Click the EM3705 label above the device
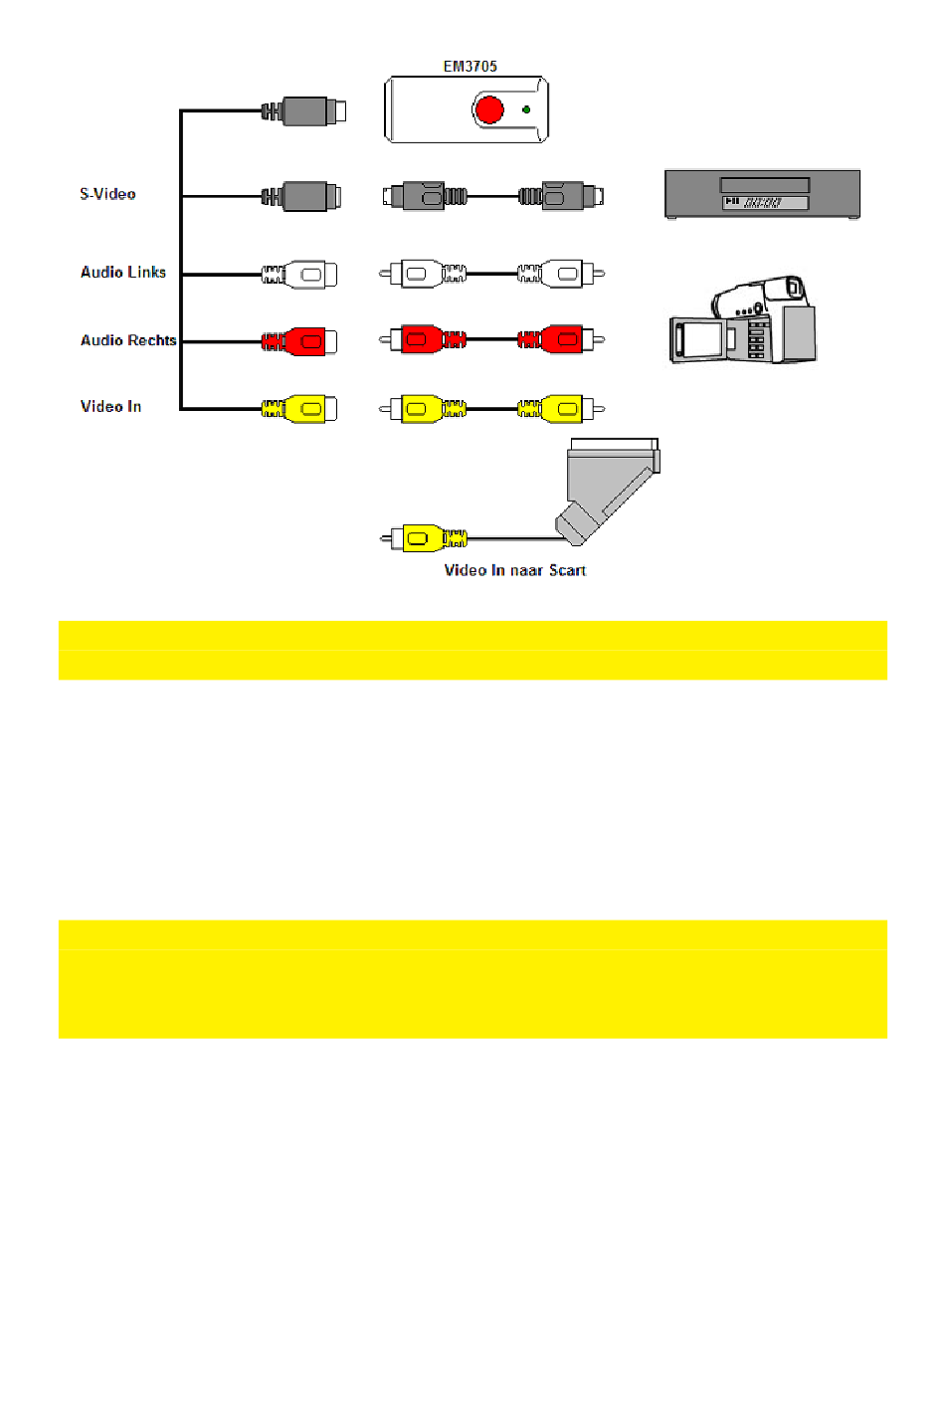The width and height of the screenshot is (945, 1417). point(470,67)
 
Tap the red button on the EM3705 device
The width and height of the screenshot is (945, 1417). point(488,109)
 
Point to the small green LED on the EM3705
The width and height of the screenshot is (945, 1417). point(526,109)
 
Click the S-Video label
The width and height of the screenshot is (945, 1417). point(107,194)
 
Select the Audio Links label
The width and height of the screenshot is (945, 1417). point(123,272)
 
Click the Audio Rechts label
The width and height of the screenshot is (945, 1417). point(128,340)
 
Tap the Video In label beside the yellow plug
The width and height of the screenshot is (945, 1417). point(110,406)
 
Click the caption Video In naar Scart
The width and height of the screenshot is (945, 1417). point(514,570)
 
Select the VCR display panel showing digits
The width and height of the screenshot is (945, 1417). point(764,203)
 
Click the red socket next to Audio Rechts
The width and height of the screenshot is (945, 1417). point(304,341)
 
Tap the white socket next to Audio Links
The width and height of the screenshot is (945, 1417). point(304,274)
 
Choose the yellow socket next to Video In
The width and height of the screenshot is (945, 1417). point(304,409)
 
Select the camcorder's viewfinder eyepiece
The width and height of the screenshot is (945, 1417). point(793,289)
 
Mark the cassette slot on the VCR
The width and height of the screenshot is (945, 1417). point(764,185)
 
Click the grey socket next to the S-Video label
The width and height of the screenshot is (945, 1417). point(306,196)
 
